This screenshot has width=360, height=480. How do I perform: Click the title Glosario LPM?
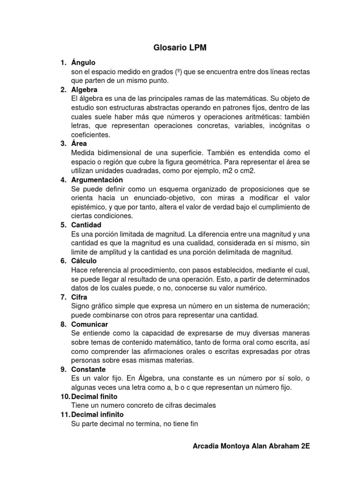coord(180,48)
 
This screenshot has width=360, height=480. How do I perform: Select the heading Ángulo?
coord(83,62)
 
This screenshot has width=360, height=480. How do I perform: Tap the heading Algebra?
coord(84,90)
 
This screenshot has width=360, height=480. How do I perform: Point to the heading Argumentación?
coord(97,180)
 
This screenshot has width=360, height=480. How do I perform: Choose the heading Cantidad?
coord(86,225)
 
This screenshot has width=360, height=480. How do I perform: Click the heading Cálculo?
coord(84,261)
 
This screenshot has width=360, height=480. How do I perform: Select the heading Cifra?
coord(79,297)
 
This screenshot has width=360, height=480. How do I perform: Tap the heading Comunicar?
coord(90,324)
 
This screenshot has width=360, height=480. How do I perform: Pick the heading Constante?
coord(88,369)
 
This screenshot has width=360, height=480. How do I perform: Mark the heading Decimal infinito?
coord(97,414)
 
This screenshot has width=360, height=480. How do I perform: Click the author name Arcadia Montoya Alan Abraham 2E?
coord(251,447)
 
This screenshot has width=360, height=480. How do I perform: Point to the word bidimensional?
coord(121,153)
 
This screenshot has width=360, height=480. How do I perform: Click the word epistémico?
coord(90,207)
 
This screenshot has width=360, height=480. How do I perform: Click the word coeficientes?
coord(90,135)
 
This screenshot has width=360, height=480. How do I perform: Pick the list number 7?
coord(63,297)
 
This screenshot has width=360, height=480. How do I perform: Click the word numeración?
coord(285,306)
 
